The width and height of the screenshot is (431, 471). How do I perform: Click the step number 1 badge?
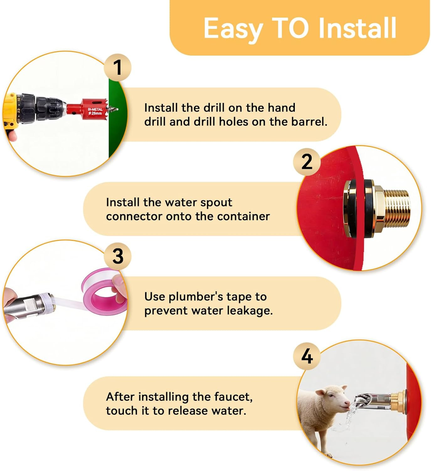(118, 68)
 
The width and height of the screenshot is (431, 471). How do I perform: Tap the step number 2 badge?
(307, 162)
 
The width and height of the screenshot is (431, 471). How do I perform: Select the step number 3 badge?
(118, 256)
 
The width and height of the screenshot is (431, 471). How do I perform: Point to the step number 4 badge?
(307, 356)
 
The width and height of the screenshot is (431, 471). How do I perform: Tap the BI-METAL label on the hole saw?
(95, 109)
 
